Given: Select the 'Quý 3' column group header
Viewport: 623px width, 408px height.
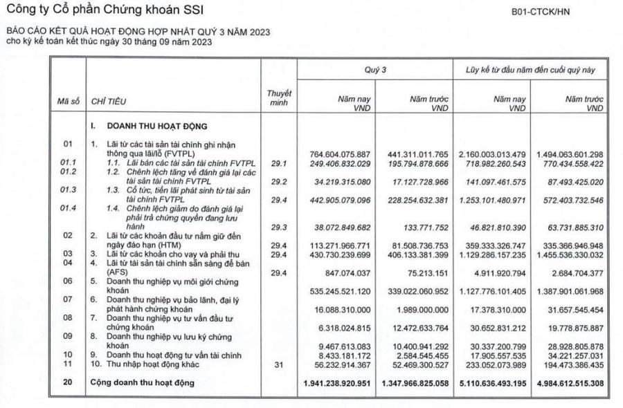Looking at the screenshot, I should [375, 71].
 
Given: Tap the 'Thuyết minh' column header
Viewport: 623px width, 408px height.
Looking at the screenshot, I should [280, 98].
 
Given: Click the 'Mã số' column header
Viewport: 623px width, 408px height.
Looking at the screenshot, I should [68, 102].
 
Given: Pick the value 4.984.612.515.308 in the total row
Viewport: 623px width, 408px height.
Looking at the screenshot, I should [566, 382].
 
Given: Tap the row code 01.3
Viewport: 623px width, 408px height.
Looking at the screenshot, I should [68, 189].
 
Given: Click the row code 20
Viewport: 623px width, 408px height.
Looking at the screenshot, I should [68, 382].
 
